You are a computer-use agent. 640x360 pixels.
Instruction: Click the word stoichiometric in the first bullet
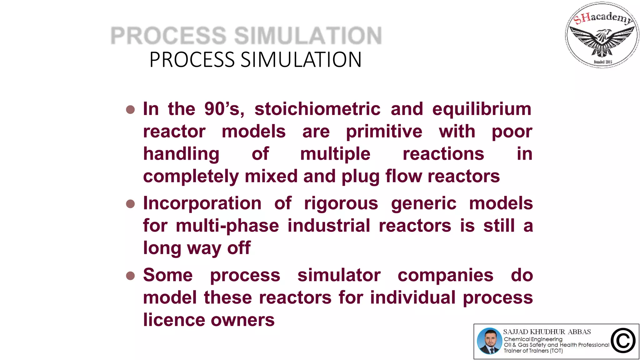pyautogui.click(x=317, y=109)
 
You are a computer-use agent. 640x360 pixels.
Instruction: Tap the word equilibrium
pyautogui.click(x=482, y=109)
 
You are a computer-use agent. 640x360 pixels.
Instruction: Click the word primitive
pyautogui.click(x=384, y=132)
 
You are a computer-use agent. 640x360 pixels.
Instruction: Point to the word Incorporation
pyautogui.click(x=202, y=203)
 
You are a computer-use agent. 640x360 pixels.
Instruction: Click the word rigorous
pyautogui.click(x=341, y=203)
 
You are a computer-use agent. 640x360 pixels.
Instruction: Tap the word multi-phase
pyautogui.click(x=227, y=226)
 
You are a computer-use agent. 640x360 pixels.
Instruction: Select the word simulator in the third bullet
pyautogui.click(x=339, y=275)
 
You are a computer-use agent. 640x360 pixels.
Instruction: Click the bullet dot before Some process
pyautogui.click(x=130, y=276)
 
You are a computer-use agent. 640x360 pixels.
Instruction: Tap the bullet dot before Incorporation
pyautogui.click(x=130, y=204)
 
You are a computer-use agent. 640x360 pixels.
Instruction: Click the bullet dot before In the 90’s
pyautogui.click(x=130, y=110)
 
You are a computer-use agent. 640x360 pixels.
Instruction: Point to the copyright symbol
pyautogui.click(x=623, y=341)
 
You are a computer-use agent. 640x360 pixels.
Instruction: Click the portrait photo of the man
pyautogui.click(x=489, y=341)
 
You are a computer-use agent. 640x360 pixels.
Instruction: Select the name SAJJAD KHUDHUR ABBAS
pyautogui.click(x=547, y=332)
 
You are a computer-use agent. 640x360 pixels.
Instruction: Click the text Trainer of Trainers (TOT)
pyautogui.click(x=533, y=351)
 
